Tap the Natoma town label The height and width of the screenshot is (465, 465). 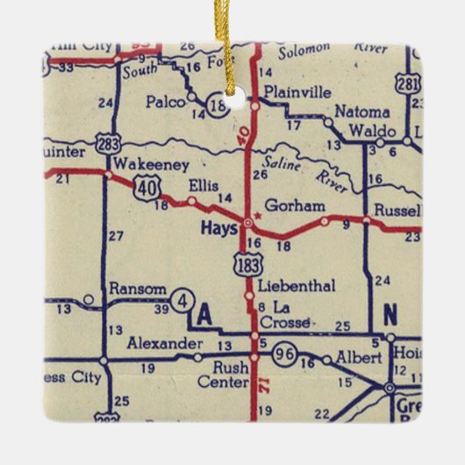point(361,112)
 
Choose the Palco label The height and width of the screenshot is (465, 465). point(169,102)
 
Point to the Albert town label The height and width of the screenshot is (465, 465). point(359,358)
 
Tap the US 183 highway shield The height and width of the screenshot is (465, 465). point(247,261)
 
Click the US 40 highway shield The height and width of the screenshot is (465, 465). point(147,187)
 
